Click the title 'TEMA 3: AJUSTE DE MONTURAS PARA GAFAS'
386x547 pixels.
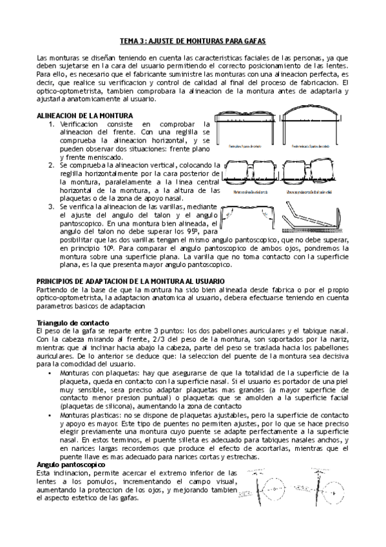193,40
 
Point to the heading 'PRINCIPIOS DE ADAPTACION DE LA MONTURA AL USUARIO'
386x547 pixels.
121,282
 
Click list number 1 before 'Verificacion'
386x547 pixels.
52,123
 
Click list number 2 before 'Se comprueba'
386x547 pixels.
52,165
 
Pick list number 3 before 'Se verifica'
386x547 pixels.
52,206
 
